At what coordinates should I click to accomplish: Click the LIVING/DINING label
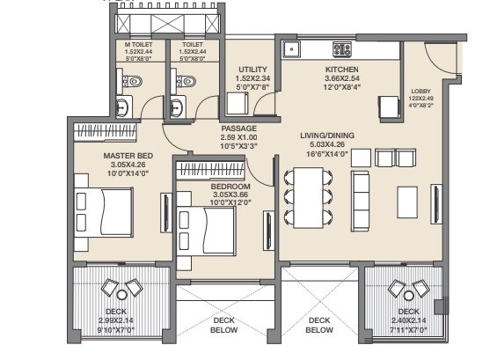click(x=326, y=135)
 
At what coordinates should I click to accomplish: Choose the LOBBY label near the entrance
click(x=421, y=91)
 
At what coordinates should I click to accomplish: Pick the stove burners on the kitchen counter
click(x=341, y=48)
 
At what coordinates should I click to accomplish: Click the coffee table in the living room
click(x=407, y=200)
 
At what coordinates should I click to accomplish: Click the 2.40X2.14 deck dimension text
click(x=407, y=320)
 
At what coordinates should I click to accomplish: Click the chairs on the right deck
click(x=406, y=288)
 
